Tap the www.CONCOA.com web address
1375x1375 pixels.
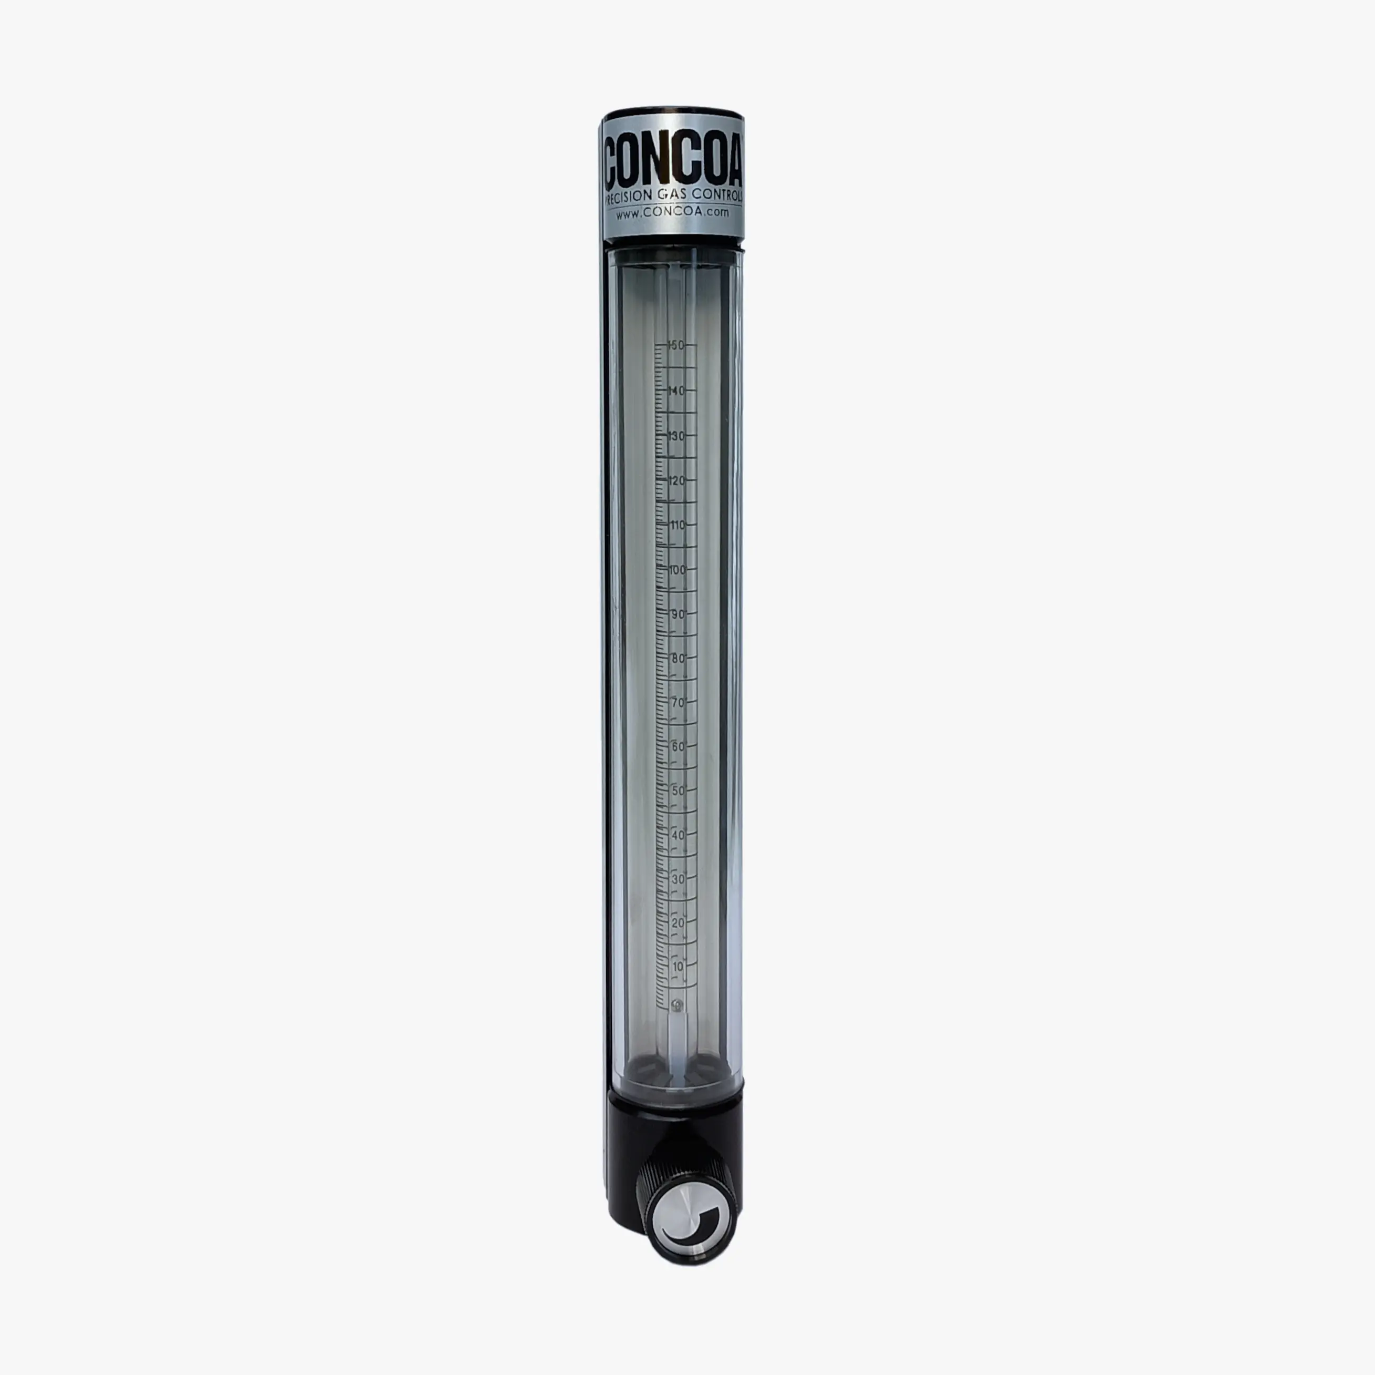click(x=673, y=212)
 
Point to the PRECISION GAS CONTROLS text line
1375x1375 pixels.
click(x=673, y=196)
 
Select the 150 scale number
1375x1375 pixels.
click(x=676, y=345)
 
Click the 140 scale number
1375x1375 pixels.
click(x=676, y=391)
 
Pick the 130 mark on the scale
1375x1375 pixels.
click(x=676, y=436)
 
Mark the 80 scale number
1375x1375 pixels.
click(x=678, y=658)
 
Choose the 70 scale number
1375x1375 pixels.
click(x=678, y=702)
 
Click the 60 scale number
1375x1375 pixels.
click(x=678, y=746)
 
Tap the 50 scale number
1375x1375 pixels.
click(x=678, y=791)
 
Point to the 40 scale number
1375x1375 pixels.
click(x=678, y=835)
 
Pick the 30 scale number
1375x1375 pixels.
click(x=678, y=879)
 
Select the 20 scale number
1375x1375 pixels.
click(x=678, y=923)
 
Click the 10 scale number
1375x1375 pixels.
click(x=678, y=967)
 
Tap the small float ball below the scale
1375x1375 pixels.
click(x=678, y=1005)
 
